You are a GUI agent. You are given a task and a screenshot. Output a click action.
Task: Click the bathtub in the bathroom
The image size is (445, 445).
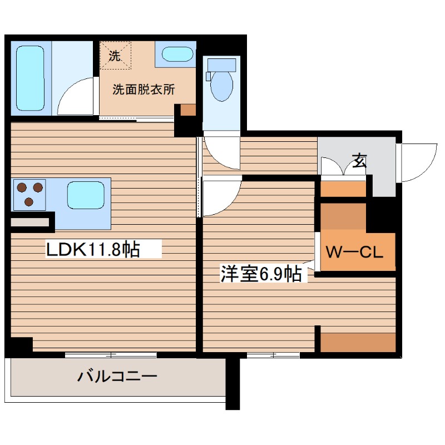(30, 78)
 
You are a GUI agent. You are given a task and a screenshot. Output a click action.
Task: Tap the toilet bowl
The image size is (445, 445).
(222, 86)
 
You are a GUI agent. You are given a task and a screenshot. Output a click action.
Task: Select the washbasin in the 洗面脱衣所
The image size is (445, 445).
(175, 55)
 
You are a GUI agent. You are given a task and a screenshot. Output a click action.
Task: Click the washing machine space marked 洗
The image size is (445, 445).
(115, 55)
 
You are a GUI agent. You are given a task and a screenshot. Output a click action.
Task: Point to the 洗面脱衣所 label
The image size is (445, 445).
(144, 90)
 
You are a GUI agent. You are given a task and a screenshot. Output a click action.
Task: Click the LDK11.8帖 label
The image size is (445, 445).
(92, 249)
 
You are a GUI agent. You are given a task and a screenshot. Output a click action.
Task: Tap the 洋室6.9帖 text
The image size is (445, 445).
(261, 273)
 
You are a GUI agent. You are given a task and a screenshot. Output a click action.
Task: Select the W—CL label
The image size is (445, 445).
(354, 253)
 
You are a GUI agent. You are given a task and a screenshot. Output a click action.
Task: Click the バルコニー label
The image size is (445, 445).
(117, 377)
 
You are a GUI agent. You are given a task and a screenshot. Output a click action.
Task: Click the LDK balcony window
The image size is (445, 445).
(111, 354)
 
